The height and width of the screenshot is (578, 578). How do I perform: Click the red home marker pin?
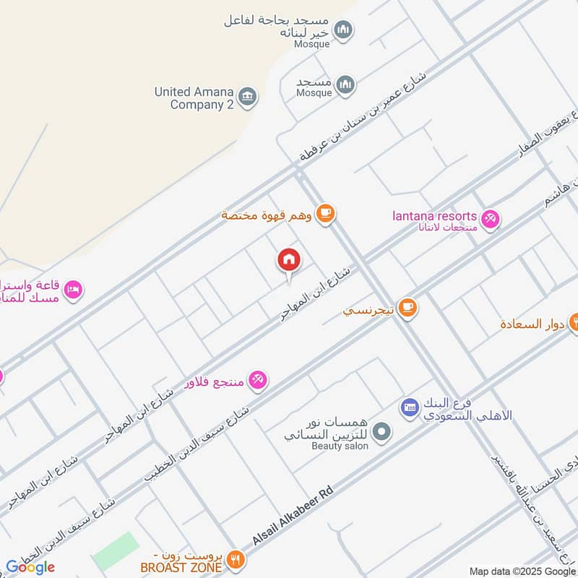click(x=288, y=260)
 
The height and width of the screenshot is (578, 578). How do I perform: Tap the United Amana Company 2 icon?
click(x=248, y=97)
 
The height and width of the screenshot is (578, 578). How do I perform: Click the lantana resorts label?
click(x=434, y=216)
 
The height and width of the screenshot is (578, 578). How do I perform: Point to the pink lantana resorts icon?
click(x=491, y=218)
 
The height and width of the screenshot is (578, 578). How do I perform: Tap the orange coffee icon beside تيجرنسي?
click(x=407, y=308)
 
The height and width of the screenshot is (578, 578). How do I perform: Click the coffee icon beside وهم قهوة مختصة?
click(x=326, y=213)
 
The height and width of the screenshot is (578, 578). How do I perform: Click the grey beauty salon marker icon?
click(x=384, y=433)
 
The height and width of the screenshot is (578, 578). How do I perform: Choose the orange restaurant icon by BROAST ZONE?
click(x=235, y=559)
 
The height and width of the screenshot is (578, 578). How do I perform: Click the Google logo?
click(x=30, y=567)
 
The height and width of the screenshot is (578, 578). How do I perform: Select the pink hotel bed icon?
click(x=74, y=290)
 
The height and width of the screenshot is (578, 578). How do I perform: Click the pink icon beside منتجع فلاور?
click(x=258, y=379)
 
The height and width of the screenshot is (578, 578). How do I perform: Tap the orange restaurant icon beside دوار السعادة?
click(x=575, y=319)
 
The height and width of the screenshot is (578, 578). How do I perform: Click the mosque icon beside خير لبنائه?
click(x=345, y=30)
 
